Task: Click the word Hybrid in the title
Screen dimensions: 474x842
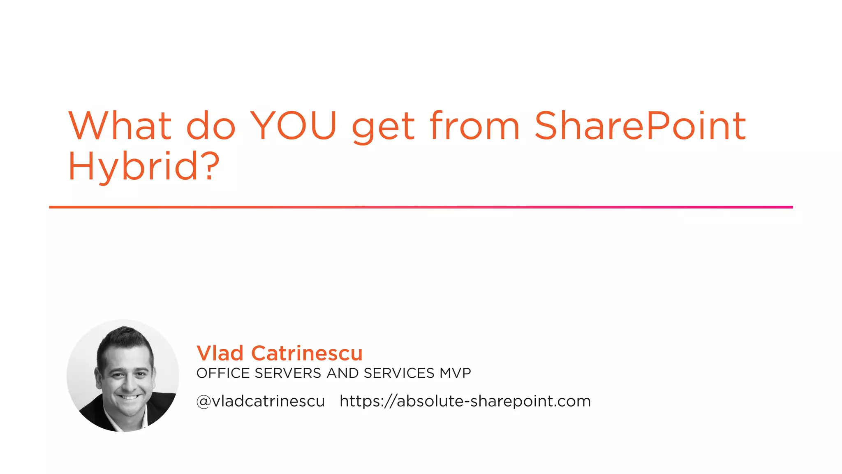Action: click(134, 166)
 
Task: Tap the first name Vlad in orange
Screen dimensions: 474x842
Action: click(220, 353)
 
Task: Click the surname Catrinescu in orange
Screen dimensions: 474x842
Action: click(307, 353)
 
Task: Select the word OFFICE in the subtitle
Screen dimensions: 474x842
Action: click(223, 373)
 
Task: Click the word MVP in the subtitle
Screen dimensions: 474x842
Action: click(455, 373)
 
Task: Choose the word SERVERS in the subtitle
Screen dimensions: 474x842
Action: click(288, 373)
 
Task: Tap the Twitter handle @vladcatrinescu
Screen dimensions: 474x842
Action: click(261, 401)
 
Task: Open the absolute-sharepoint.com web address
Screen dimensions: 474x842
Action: click(465, 401)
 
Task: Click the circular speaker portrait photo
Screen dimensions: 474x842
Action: click(123, 375)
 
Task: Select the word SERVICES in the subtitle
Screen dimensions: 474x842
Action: click(399, 373)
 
